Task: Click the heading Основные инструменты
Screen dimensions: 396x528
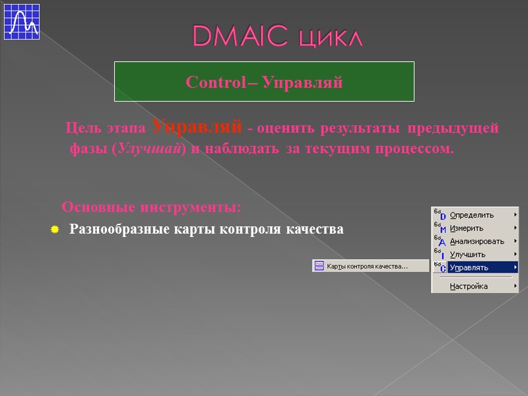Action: [x=151, y=207]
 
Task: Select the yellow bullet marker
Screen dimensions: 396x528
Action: [x=55, y=230]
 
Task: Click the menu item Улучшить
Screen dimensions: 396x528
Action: [x=467, y=255]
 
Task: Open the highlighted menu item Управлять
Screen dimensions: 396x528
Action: [x=469, y=267]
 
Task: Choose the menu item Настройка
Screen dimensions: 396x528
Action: [x=469, y=286]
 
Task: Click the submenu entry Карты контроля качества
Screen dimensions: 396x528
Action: [x=368, y=266]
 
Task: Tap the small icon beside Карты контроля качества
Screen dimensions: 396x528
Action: [x=319, y=266]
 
